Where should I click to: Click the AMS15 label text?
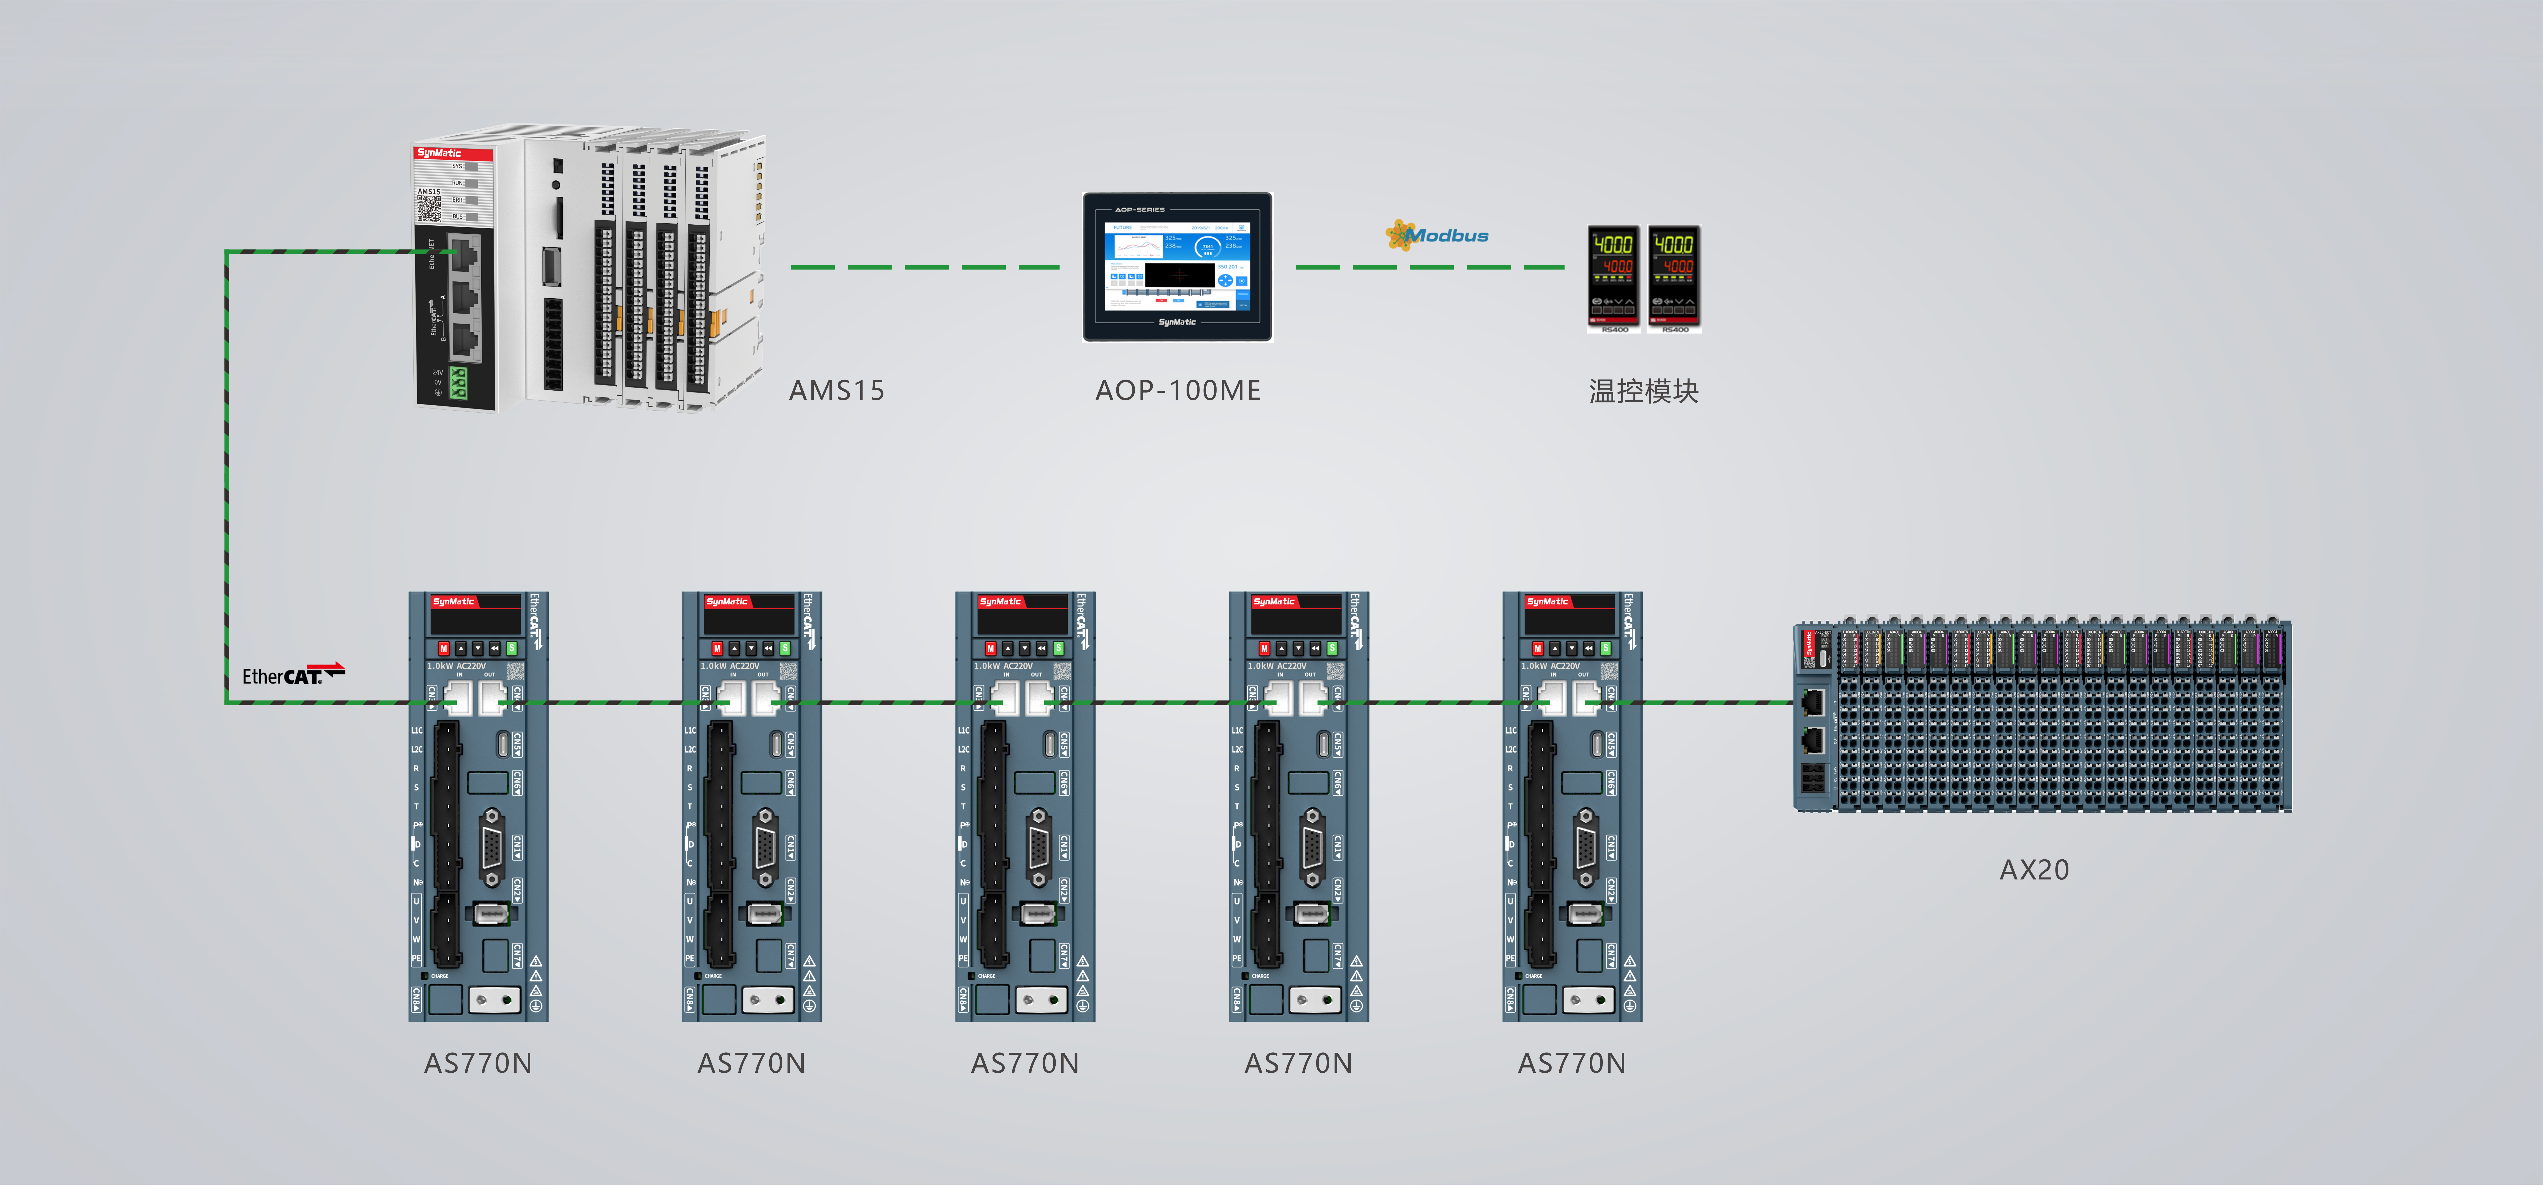[x=836, y=391]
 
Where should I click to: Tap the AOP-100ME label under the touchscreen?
[x=1178, y=391]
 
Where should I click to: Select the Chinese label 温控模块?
[x=1644, y=391]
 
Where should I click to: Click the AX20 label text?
[x=2034, y=870]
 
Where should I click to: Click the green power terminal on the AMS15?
[x=458, y=383]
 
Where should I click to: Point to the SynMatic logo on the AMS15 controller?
[x=439, y=153]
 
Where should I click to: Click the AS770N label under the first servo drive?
[x=478, y=1063]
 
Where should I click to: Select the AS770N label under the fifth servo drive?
[x=1571, y=1063]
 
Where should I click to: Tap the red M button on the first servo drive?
[x=443, y=649]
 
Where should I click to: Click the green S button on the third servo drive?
[x=1058, y=649]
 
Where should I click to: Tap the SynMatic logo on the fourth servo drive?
[x=1274, y=601]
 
